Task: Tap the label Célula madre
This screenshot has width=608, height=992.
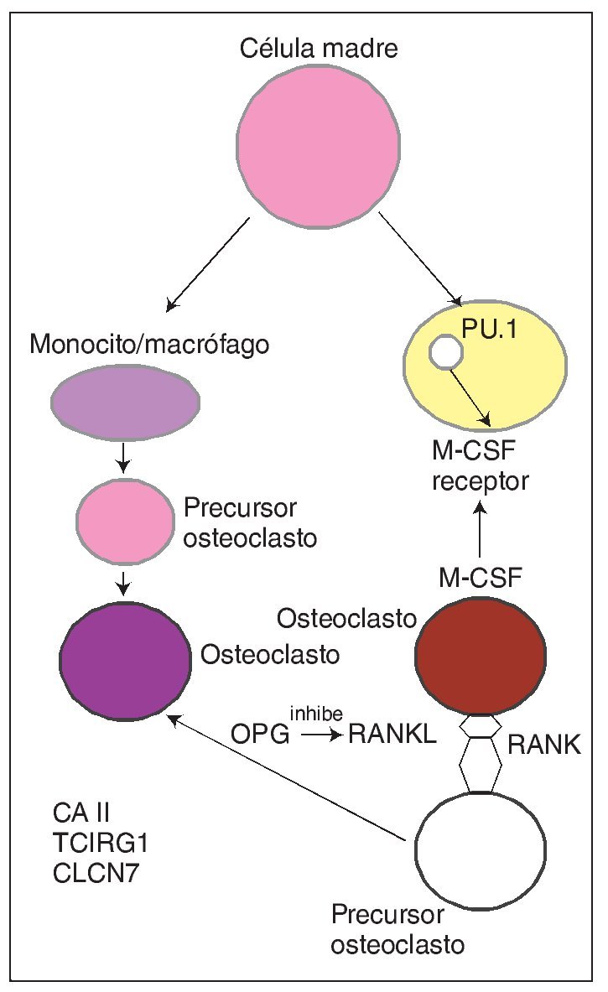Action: (x=319, y=48)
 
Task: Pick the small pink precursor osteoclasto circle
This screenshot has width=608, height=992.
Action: (x=123, y=522)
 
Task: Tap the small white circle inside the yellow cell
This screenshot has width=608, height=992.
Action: (x=445, y=354)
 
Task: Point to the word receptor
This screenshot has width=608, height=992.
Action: (x=477, y=482)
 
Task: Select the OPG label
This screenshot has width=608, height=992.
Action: (x=261, y=735)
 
